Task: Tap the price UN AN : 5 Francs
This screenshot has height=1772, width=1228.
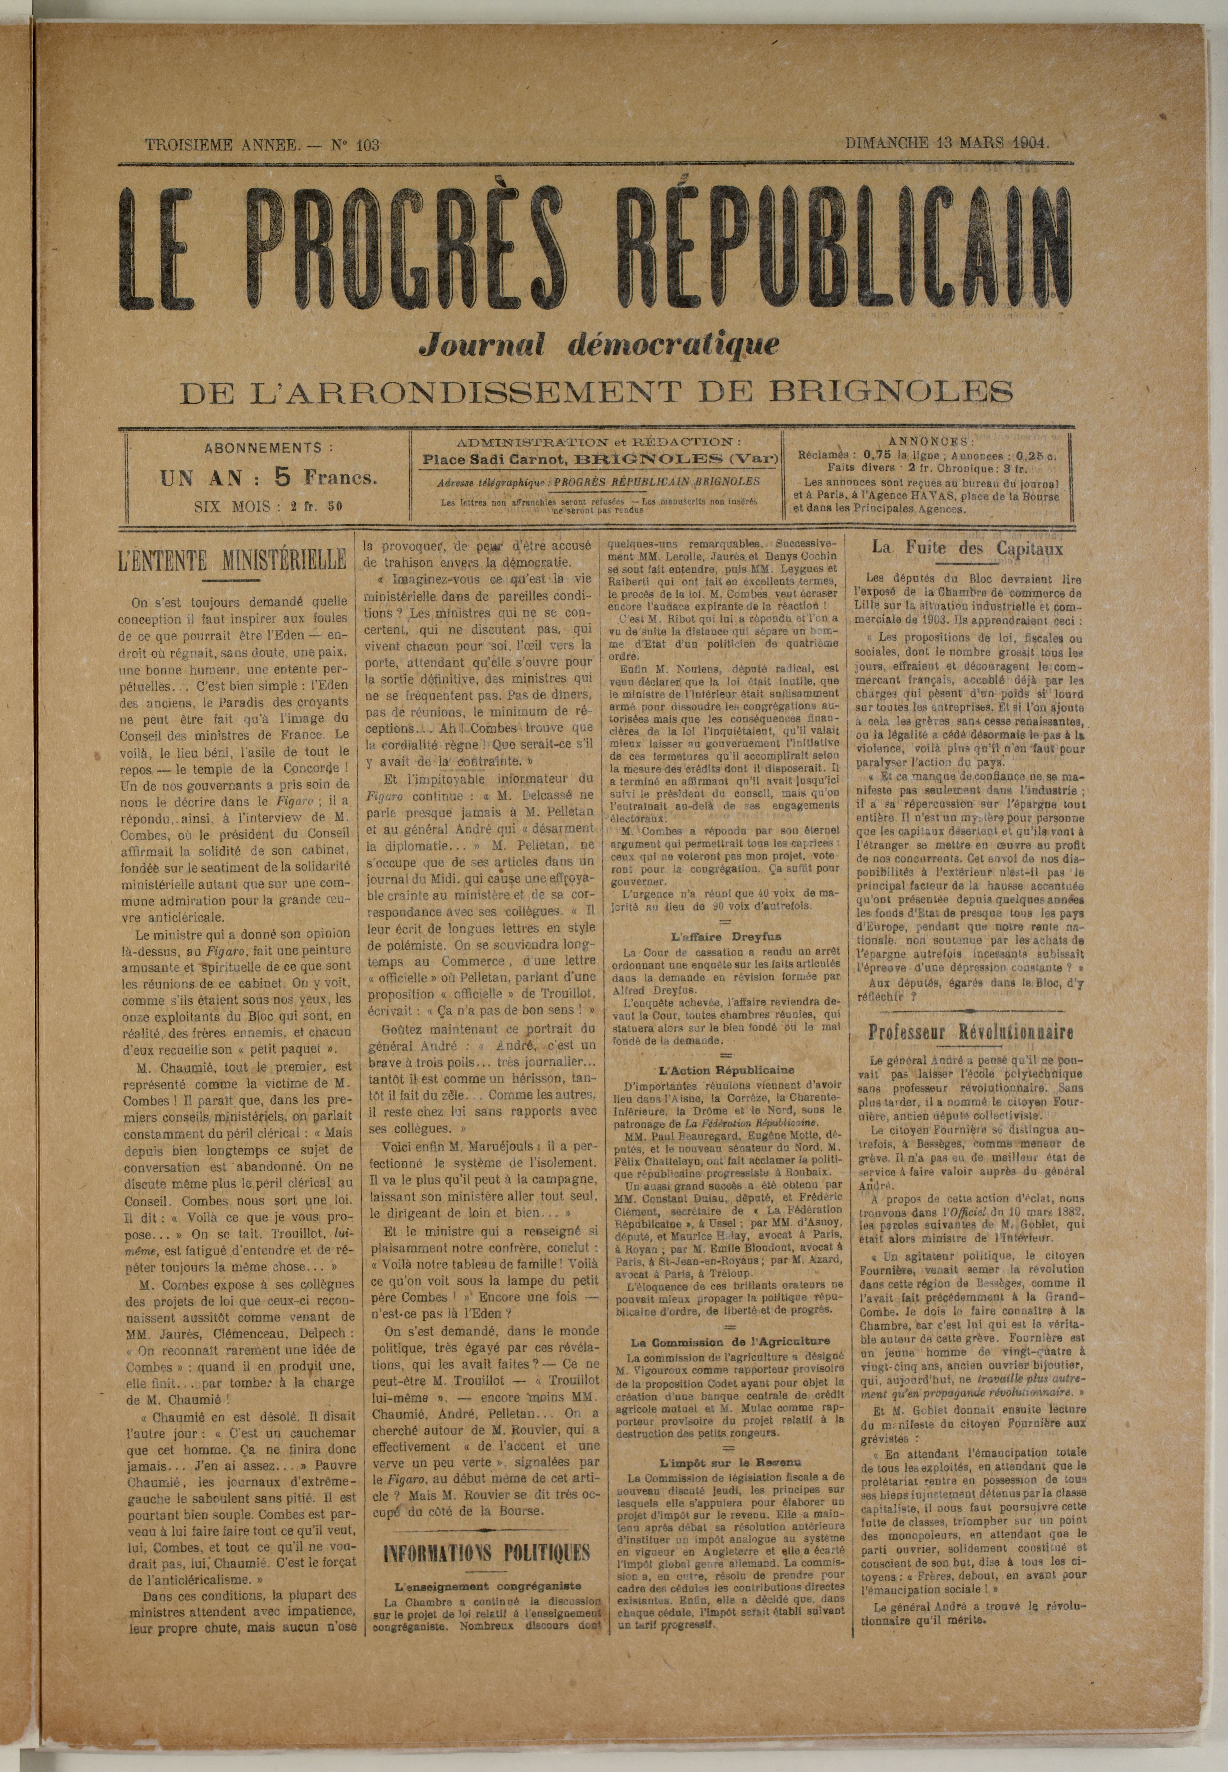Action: click(269, 478)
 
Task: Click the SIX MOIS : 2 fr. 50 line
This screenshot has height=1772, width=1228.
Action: click(269, 506)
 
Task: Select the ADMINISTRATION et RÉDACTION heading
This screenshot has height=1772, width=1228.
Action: click(599, 443)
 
